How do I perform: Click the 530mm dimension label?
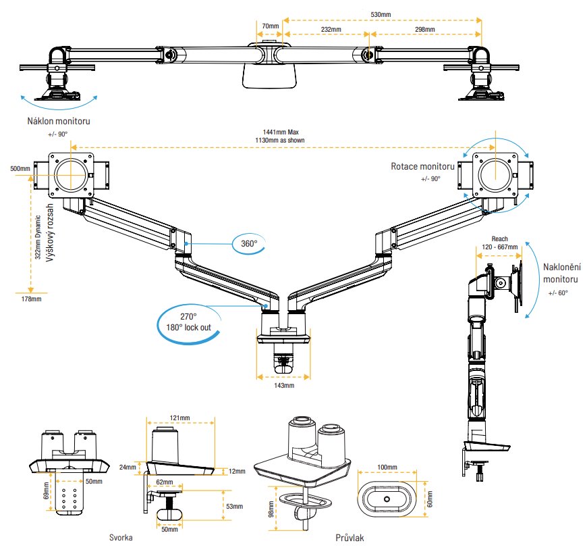(381, 14)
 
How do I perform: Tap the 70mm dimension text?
(270, 26)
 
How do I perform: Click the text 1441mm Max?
(283, 132)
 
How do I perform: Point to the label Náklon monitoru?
(59, 122)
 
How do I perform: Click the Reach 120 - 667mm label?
(499, 243)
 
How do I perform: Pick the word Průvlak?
(350, 538)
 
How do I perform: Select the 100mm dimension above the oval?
(388, 467)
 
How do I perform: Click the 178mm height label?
(32, 299)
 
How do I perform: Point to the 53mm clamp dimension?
(234, 506)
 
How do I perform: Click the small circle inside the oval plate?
(387, 499)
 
